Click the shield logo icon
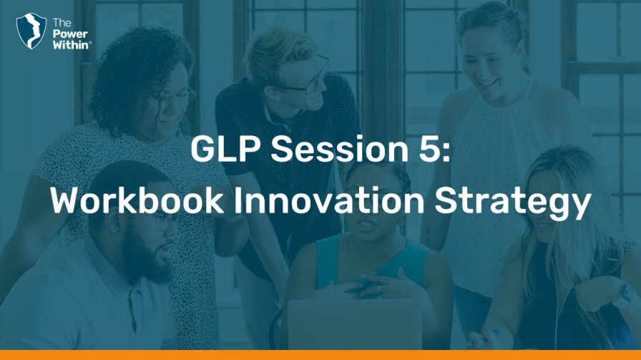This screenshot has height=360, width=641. pos(31,31)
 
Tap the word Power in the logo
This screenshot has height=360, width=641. pos(70,34)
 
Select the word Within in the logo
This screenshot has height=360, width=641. pos(70,45)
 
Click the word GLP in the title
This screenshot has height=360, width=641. pos(225,149)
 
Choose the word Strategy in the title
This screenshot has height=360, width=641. pos(513,203)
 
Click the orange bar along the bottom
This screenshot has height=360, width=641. pos(320,355)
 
